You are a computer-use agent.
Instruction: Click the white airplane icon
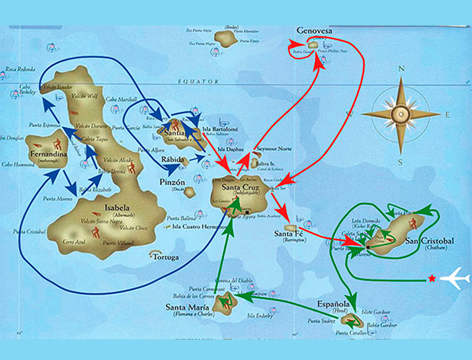pyautogui.click(x=455, y=278)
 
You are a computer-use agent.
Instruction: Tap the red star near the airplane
pyautogui.click(x=432, y=278)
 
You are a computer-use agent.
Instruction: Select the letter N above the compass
pyautogui.click(x=401, y=69)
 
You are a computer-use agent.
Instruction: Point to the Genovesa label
pyautogui.click(x=314, y=31)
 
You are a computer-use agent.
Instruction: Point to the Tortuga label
pyautogui.click(x=165, y=257)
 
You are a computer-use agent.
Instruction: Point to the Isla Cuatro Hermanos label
pyautogui.click(x=194, y=226)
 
